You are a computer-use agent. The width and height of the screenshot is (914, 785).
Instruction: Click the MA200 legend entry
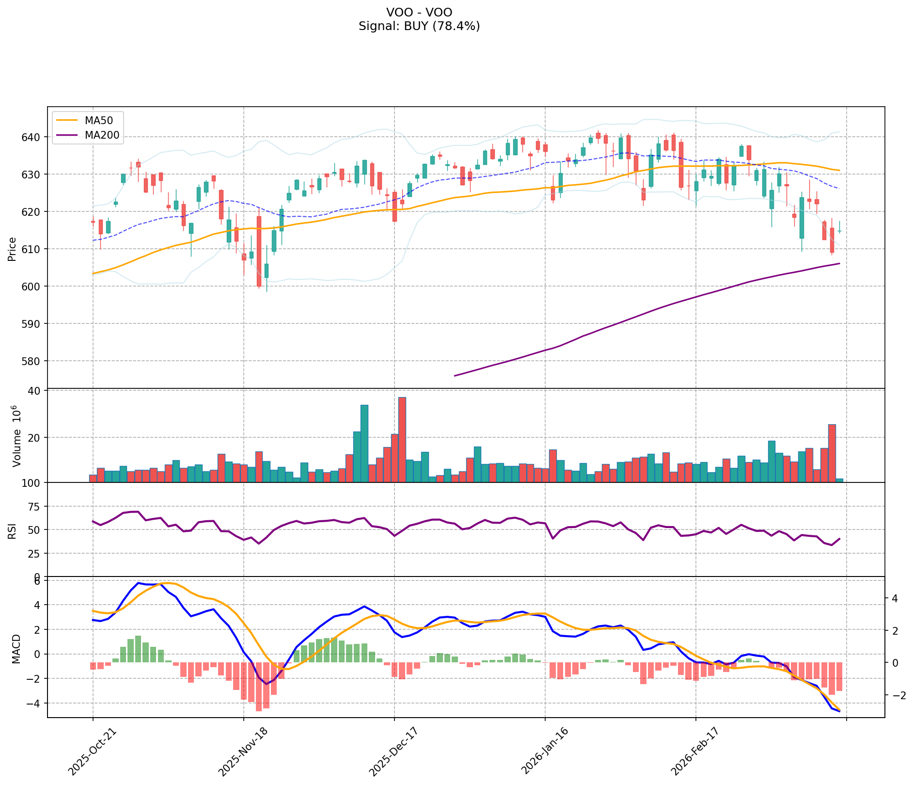click(x=101, y=135)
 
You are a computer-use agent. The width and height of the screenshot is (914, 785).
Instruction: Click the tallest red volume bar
click(x=402, y=439)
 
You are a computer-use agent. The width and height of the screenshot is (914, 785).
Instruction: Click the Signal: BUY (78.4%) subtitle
click(x=419, y=26)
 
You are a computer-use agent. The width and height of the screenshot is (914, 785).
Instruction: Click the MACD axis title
click(x=16, y=649)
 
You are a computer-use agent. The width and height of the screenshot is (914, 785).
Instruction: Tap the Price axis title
click(x=13, y=249)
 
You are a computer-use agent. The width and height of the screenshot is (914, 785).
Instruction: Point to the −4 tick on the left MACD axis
click(x=37, y=703)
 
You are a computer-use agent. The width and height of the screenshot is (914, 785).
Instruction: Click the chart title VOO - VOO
click(x=419, y=13)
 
